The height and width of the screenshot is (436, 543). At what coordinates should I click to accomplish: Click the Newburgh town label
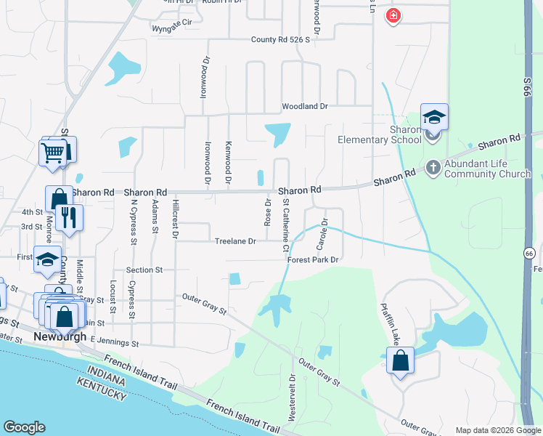point(60,337)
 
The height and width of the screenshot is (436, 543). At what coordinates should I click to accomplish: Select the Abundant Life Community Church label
point(487,169)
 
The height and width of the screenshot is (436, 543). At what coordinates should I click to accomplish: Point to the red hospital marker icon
point(393,15)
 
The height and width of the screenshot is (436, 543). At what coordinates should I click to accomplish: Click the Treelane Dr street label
point(235,241)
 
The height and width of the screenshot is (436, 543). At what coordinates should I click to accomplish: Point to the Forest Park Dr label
point(314,259)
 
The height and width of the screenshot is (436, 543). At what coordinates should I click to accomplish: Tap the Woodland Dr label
point(305,106)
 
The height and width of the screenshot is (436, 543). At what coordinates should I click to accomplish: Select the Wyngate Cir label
point(172,23)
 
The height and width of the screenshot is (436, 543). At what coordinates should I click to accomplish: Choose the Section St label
point(144,270)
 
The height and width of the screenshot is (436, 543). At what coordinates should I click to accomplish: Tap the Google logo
point(25,427)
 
